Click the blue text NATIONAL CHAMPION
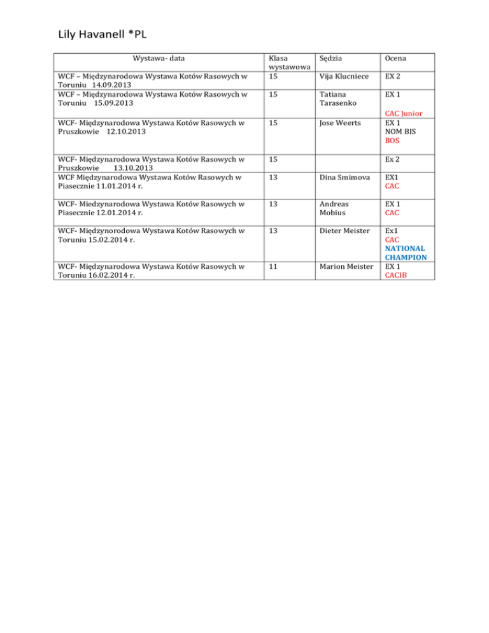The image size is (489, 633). (x=405, y=253)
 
